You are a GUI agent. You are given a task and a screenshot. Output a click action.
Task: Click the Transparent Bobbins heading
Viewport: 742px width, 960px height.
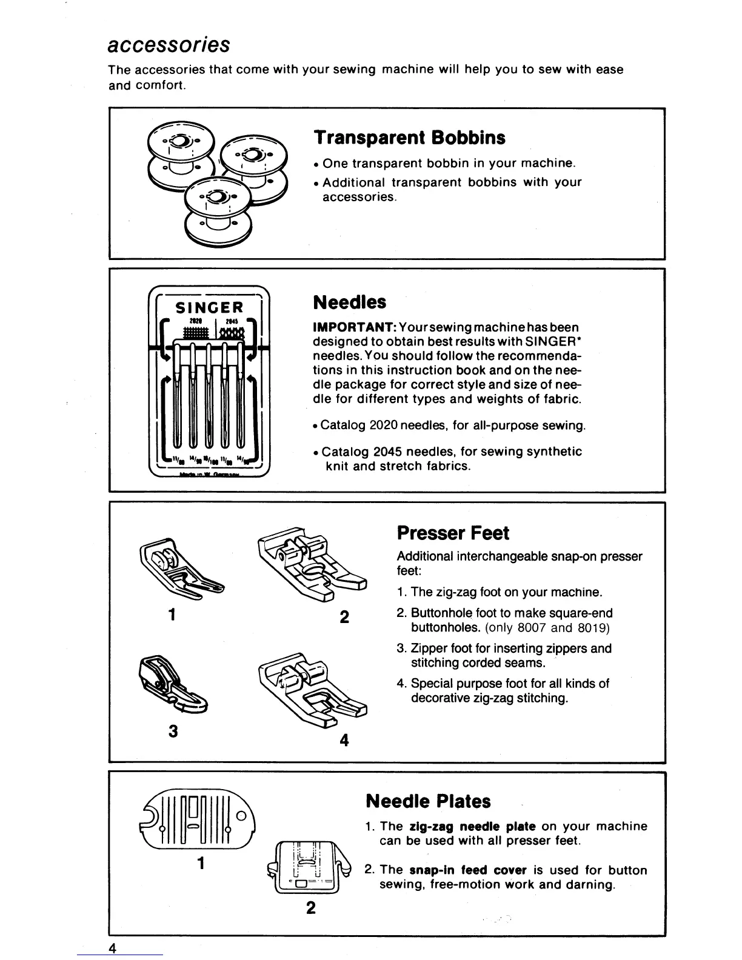[x=409, y=138]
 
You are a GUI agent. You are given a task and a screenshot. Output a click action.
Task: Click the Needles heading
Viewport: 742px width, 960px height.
[x=349, y=302]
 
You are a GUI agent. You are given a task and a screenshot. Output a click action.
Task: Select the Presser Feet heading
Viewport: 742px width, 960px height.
[x=453, y=533]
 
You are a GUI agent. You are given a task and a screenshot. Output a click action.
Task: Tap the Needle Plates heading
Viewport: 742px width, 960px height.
[x=428, y=801]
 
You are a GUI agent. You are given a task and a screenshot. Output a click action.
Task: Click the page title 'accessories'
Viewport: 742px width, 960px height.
[x=168, y=45]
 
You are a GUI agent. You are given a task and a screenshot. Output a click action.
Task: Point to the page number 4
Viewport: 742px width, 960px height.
[x=113, y=947]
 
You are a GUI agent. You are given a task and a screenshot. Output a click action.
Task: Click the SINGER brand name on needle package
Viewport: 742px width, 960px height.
[x=209, y=307]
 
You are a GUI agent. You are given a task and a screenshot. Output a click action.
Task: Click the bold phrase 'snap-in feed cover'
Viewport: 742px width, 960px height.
[x=464, y=871]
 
